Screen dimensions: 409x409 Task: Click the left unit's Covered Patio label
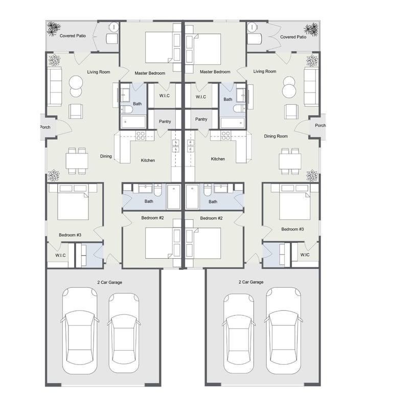click(73, 36)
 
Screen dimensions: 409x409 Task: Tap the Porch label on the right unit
click(320, 125)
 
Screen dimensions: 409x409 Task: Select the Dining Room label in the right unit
click(276, 136)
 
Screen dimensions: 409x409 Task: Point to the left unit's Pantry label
click(165, 122)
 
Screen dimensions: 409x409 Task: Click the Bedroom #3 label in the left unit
click(70, 235)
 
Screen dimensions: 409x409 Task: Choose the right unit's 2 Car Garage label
click(251, 282)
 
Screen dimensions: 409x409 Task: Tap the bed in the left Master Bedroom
click(159, 47)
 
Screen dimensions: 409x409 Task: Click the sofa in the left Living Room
click(55, 86)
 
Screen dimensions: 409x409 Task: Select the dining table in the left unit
click(77, 161)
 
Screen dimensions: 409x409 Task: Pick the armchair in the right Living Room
click(291, 111)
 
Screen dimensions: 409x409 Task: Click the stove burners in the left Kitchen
click(141, 135)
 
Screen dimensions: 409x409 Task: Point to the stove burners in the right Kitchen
click(225, 135)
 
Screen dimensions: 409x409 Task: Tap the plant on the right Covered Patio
click(311, 30)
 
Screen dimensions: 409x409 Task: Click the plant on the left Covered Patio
click(54, 29)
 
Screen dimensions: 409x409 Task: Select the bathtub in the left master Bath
click(133, 122)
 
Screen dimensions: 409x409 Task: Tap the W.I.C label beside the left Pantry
click(164, 96)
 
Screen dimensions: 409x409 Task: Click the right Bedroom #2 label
click(211, 218)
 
